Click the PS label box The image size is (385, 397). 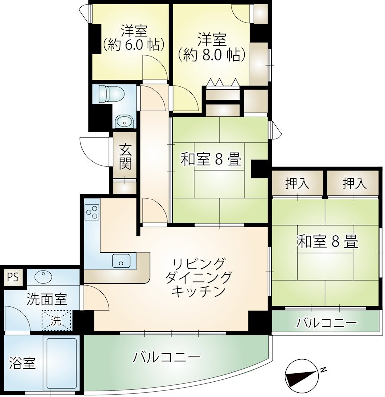point(13,277)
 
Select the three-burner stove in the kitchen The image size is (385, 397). point(92,212)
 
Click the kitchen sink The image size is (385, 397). point(121,261)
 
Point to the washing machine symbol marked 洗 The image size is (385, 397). point(56,320)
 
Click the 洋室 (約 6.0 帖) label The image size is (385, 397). point(134,38)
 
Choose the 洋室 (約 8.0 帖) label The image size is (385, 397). point(212,47)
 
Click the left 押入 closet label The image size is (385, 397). point(297,183)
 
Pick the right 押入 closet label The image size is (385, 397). point(354,183)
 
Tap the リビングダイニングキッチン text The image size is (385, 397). point(198,277)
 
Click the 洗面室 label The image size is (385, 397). point(47,299)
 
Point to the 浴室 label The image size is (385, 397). point(22,363)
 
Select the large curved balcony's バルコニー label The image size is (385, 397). point(166,357)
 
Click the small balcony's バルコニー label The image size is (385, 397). point(327,323)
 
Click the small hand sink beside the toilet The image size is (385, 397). point(124,122)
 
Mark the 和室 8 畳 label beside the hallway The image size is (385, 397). point(211,160)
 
